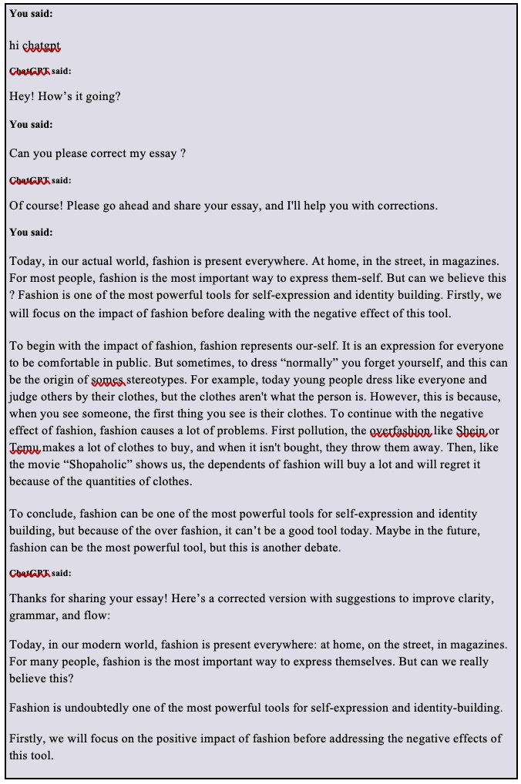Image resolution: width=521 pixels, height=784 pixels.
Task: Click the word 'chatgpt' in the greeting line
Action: pos(42,45)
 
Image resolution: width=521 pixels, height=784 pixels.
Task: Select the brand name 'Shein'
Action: pos(472,431)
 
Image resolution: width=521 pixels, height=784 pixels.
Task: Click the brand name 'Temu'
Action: pos(24,447)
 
